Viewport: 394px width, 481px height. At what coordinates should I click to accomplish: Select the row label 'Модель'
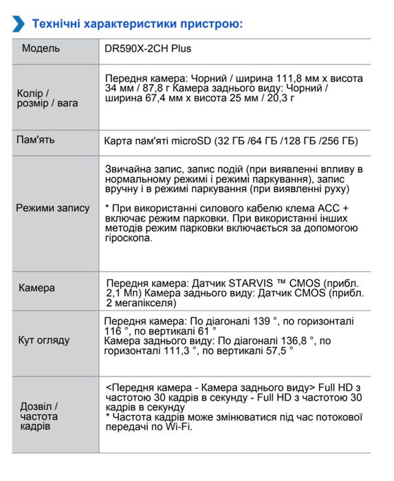point(41,49)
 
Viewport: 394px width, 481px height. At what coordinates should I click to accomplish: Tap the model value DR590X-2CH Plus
point(147,49)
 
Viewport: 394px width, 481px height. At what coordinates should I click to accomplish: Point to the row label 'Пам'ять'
point(35,140)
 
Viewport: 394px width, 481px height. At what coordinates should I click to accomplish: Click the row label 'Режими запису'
point(53,208)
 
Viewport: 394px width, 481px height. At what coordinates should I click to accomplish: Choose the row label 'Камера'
point(36,288)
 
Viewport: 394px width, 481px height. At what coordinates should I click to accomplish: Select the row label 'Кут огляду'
point(43,340)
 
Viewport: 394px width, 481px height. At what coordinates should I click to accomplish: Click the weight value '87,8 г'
point(153,89)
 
